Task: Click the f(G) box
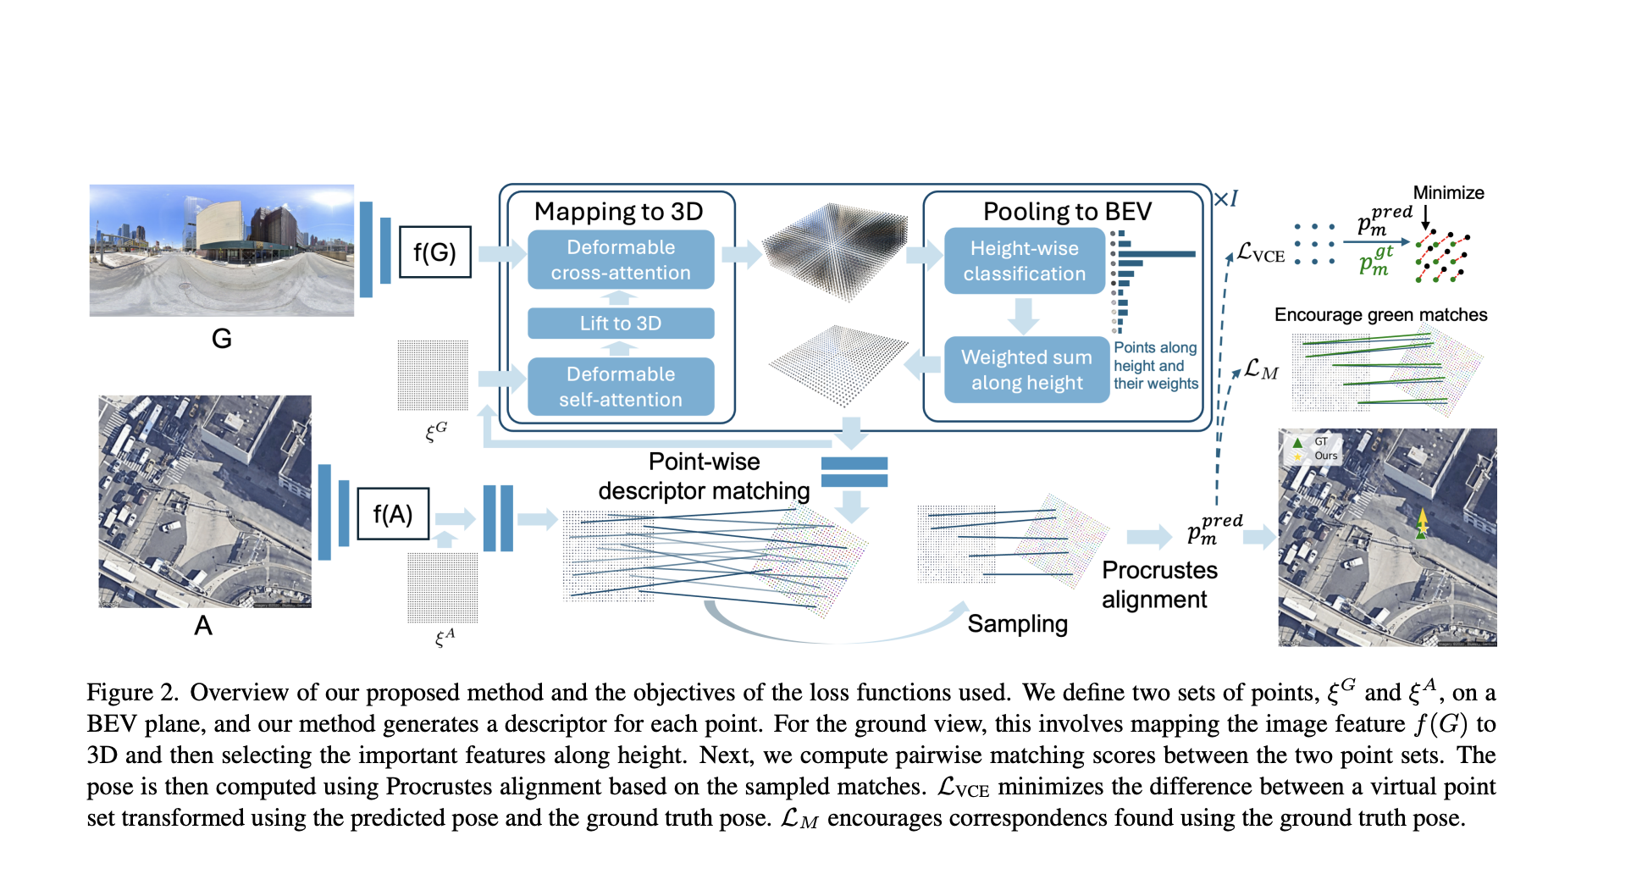pyautogui.click(x=434, y=252)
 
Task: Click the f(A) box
pyautogui.click(x=393, y=513)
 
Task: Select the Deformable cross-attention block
pyautogui.click(x=621, y=260)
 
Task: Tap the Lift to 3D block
pyautogui.click(x=621, y=324)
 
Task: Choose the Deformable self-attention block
pyautogui.click(x=621, y=387)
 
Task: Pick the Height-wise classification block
pyautogui.click(x=1025, y=261)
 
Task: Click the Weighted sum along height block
pyautogui.click(x=1026, y=370)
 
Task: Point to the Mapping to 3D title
pyautogui.click(x=618, y=211)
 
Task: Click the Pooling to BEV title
pyautogui.click(x=1067, y=211)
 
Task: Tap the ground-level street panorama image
pyautogui.click(x=222, y=251)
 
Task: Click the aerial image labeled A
pyautogui.click(x=205, y=501)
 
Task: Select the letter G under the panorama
pyautogui.click(x=222, y=339)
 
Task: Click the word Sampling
pyautogui.click(x=1017, y=624)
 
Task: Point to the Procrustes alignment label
pyautogui.click(x=1158, y=584)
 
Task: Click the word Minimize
pyautogui.click(x=1448, y=193)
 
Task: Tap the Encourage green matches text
pyautogui.click(x=1380, y=315)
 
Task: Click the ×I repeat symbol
pyautogui.click(x=1226, y=199)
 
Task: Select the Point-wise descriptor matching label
pyautogui.click(x=704, y=476)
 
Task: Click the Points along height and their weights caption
pyautogui.click(x=1155, y=366)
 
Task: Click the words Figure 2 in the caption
pyautogui.click(x=131, y=693)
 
